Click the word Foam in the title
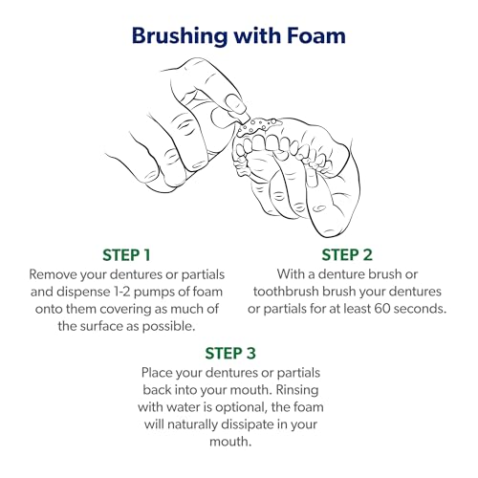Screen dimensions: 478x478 (x=315, y=35)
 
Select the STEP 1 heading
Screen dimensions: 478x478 (x=126, y=255)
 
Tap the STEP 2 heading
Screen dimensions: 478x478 (x=347, y=255)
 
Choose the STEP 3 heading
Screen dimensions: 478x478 (x=230, y=353)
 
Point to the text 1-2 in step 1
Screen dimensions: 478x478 (x=121, y=292)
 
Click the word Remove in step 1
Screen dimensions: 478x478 (x=53, y=274)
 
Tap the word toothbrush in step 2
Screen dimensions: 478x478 (x=286, y=292)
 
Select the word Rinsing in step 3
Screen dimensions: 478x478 (x=297, y=390)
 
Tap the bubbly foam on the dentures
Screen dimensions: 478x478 (x=258, y=126)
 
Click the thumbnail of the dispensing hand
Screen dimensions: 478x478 (x=235, y=104)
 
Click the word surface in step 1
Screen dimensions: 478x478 (x=101, y=326)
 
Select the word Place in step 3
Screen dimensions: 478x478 (x=156, y=373)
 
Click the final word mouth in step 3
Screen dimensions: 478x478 (x=230, y=442)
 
